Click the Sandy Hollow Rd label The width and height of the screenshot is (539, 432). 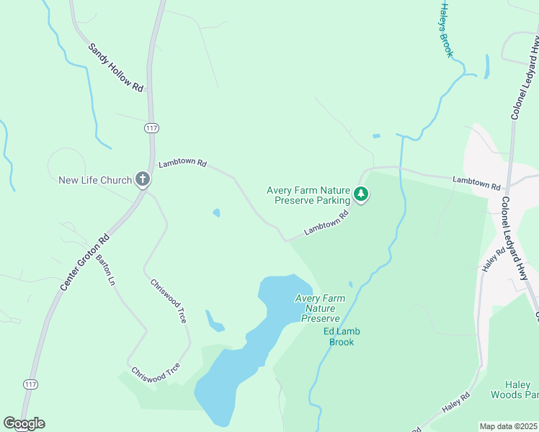[x=115, y=67]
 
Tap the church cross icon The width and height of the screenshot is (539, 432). [x=143, y=179]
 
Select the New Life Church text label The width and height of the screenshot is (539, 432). [x=95, y=180]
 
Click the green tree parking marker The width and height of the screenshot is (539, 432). [x=361, y=194]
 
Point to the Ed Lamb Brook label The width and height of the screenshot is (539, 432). [x=342, y=336]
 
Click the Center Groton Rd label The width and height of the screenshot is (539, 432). [x=84, y=263]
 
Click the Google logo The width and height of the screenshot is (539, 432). [x=24, y=423]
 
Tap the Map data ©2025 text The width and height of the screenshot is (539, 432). [x=509, y=426]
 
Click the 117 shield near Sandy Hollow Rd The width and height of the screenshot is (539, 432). [x=151, y=128]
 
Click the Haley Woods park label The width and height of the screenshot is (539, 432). [x=514, y=390]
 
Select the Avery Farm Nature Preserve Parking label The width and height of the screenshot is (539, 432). [x=308, y=195]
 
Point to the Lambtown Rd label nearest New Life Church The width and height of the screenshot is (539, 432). [x=182, y=163]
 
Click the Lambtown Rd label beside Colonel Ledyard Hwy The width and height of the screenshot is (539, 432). [x=476, y=182]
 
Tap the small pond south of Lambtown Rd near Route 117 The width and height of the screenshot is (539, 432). [x=216, y=213]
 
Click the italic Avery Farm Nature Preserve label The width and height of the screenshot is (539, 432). [x=320, y=308]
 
